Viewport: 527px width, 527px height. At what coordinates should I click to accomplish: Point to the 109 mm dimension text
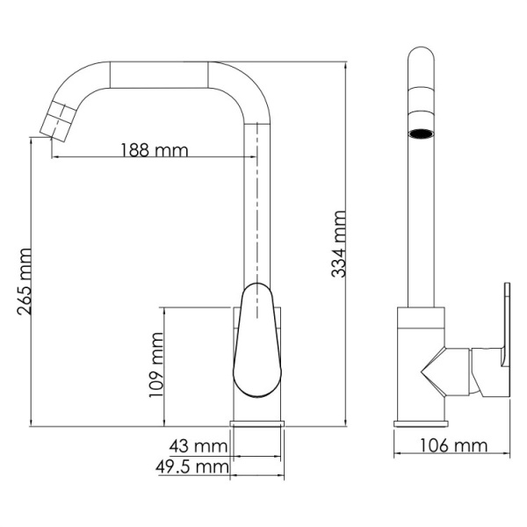pos(156,365)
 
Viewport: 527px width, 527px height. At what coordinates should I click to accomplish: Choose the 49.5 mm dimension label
pos(185,466)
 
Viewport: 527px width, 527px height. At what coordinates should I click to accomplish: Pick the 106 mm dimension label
pos(453,445)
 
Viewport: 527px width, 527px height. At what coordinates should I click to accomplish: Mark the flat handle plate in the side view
pos(508,325)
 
